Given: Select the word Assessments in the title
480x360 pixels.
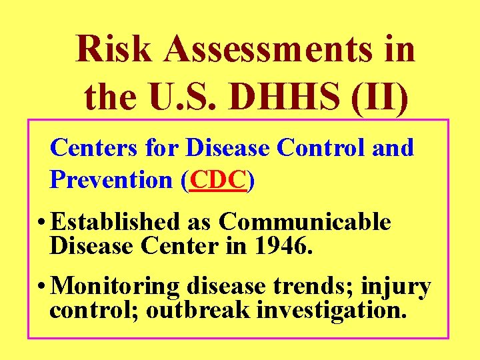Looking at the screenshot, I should pyautogui.click(x=265, y=49).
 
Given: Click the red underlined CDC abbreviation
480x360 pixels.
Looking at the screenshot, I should pyautogui.click(x=218, y=179).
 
